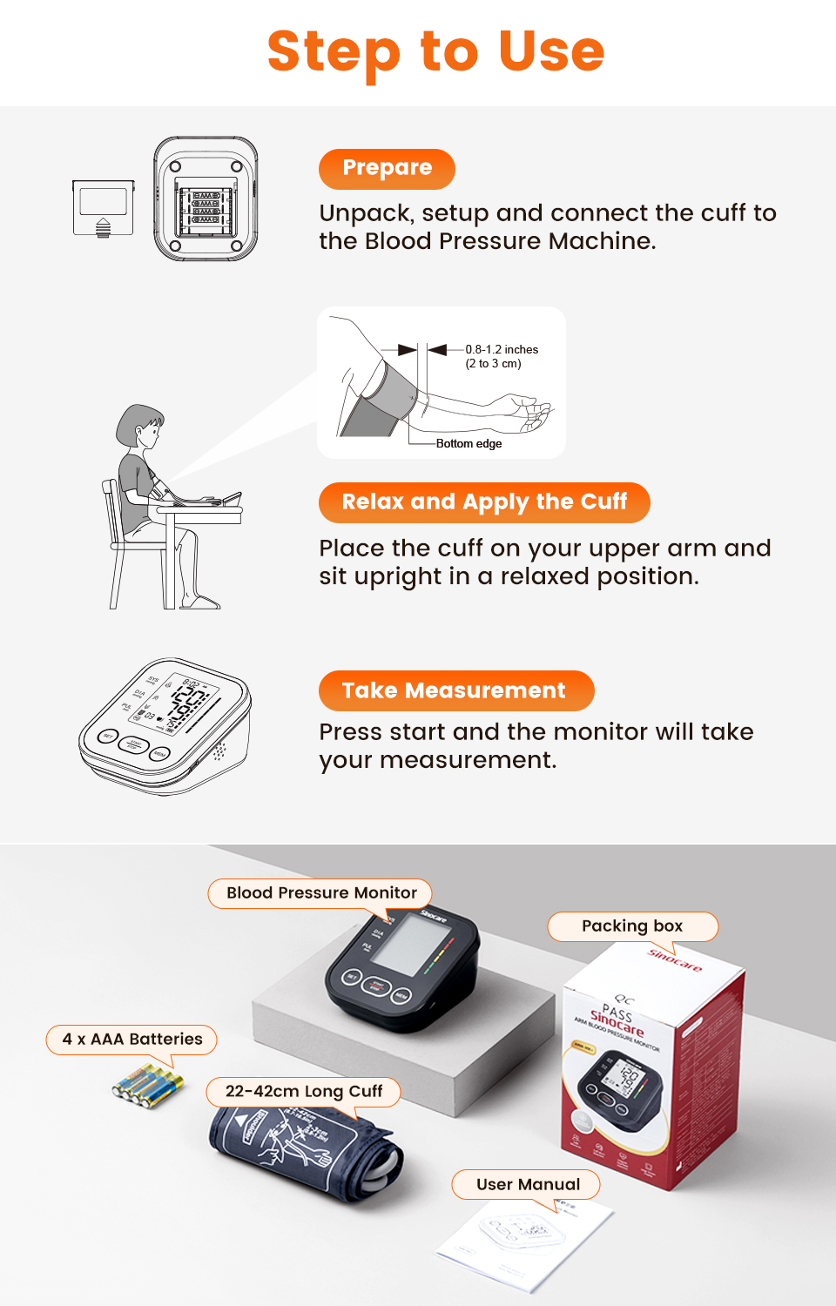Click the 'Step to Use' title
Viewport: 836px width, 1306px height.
(435, 51)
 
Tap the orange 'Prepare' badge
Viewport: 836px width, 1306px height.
(387, 168)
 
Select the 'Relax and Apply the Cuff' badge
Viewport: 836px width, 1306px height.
(484, 502)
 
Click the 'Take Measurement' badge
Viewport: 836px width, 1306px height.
(455, 690)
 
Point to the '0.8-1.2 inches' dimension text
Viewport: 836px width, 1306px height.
(502, 349)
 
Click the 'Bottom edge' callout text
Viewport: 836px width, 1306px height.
(469, 443)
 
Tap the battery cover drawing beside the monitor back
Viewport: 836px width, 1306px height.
(103, 207)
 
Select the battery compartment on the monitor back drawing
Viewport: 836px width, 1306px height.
(206, 209)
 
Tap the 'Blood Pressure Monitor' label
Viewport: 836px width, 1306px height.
(320, 892)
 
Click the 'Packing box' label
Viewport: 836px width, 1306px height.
(632, 926)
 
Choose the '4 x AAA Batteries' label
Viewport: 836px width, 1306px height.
(131, 1039)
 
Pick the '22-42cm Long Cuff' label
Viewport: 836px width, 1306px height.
(303, 1091)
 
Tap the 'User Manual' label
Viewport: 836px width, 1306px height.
(527, 1184)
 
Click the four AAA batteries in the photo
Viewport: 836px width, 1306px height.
(148, 1085)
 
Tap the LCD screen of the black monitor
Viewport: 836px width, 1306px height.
(411, 945)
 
